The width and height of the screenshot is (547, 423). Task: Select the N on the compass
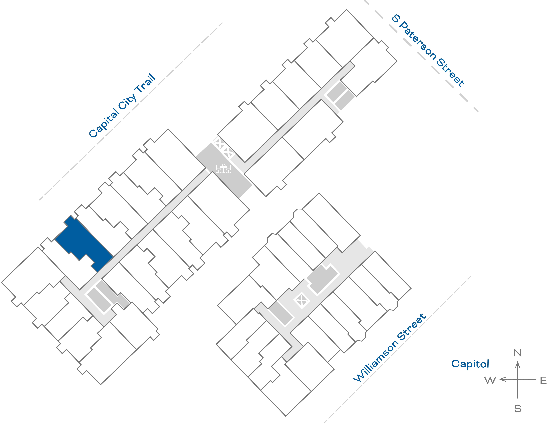pos(517,353)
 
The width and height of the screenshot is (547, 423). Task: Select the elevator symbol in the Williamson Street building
pos(302,300)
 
